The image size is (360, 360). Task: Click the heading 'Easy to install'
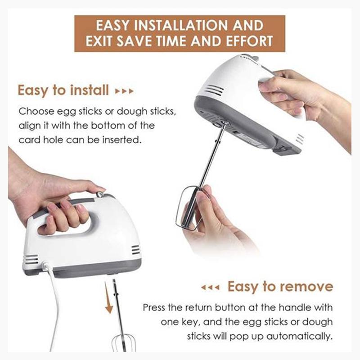pos(63,90)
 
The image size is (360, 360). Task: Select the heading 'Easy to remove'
pos(280,286)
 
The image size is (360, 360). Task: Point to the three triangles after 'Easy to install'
pos(125,91)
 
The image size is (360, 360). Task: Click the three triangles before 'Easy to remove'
pos(210,287)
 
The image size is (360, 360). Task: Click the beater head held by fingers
pos(189,209)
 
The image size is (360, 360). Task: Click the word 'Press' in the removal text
pos(155,308)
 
